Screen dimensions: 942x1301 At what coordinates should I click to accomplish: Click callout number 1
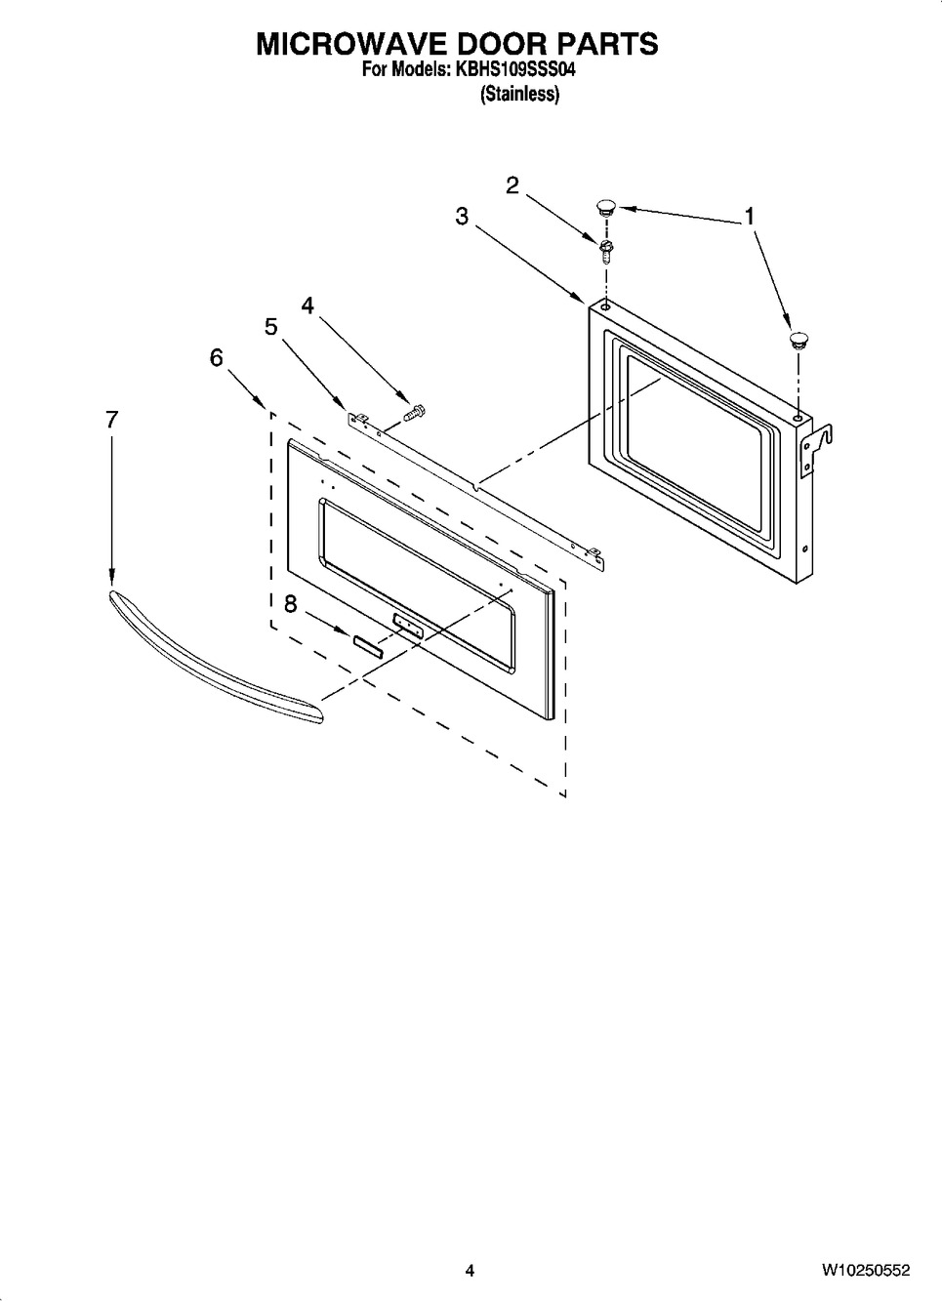tap(750, 216)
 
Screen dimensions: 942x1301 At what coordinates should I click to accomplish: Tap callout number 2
tap(512, 185)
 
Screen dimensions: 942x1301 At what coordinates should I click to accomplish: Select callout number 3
tap(462, 216)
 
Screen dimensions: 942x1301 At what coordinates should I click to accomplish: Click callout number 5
tap(271, 326)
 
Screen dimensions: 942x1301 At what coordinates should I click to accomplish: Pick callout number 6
tap(216, 357)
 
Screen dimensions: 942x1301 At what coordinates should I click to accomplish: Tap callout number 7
tap(111, 419)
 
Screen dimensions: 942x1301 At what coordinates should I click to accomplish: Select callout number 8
tap(290, 604)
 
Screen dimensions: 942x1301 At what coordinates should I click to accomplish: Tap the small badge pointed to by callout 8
tap(369, 646)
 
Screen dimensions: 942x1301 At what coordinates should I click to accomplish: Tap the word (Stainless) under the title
tap(520, 94)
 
